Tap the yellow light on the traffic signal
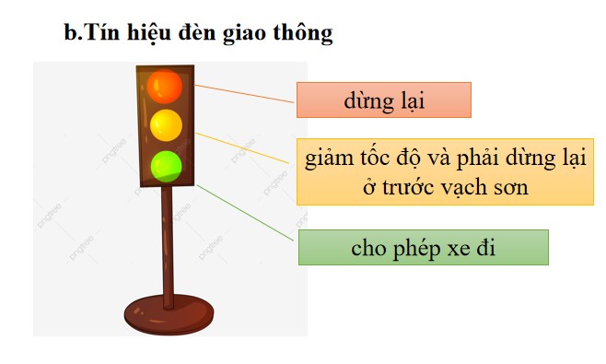tap(166, 124)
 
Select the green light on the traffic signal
tap(166, 166)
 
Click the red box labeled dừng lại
tap(383, 100)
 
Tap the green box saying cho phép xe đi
tap(423, 249)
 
